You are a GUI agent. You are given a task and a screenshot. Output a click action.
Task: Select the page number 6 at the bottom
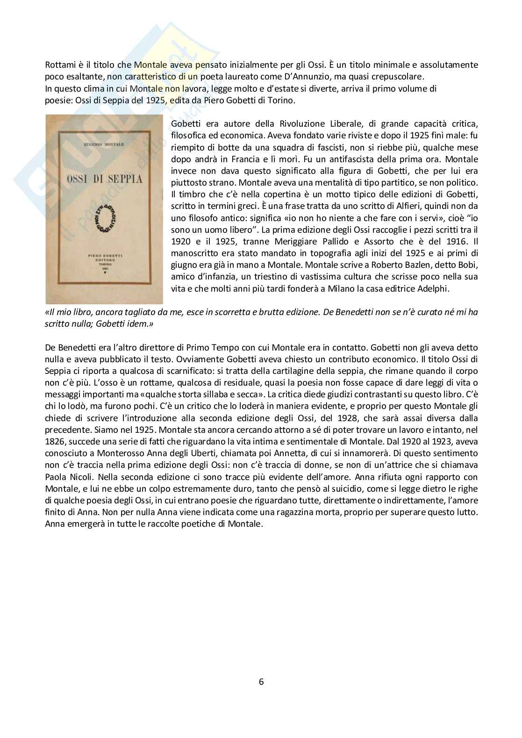pyautogui.click(x=261, y=682)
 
